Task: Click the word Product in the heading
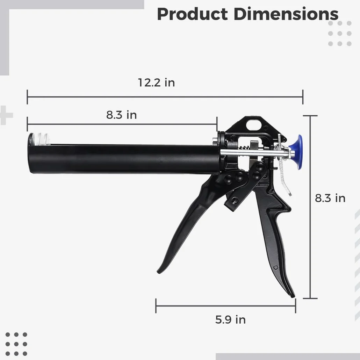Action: pos(192,14)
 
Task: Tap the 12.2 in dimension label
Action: pos(156,82)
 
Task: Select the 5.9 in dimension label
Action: pos(230,319)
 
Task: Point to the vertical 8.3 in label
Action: pos(330,198)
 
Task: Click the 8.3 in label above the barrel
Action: pos(121,115)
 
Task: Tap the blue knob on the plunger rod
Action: pos(296,152)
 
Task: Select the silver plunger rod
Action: pos(254,152)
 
